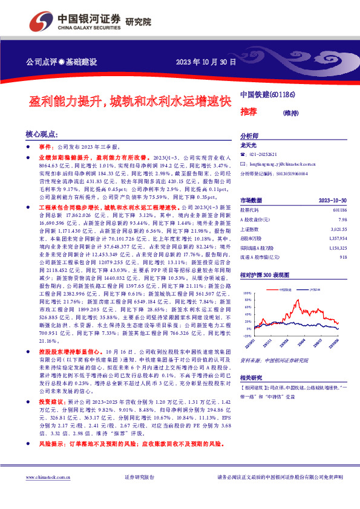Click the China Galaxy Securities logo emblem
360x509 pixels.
click(39, 22)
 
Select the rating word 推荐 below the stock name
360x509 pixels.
click(248, 112)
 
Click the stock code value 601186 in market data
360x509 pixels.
click(339, 210)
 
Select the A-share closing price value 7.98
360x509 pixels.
click(342, 219)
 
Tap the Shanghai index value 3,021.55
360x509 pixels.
click(338, 229)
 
